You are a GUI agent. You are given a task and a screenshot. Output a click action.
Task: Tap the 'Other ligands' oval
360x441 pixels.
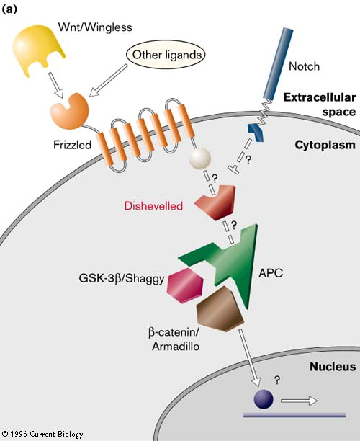point(166,55)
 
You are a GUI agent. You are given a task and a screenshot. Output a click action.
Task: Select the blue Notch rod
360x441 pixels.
point(279,64)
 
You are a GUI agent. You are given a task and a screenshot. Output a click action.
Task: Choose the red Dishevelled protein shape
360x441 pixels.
point(216,202)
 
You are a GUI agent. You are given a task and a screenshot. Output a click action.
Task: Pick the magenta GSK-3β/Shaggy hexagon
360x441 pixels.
point(184,286)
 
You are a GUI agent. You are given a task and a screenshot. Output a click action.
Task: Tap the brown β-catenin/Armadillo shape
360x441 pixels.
point(220,309)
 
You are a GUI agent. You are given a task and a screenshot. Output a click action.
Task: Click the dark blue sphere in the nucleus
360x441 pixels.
point(264,399)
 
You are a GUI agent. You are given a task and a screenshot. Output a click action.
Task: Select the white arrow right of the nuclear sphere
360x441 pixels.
point(299,401)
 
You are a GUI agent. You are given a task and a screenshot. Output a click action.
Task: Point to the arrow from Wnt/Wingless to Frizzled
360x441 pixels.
point(55,85)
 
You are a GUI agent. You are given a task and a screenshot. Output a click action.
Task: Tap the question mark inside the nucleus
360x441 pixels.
point(277,380)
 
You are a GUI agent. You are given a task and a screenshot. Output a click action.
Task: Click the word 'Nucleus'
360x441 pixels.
point(333,367)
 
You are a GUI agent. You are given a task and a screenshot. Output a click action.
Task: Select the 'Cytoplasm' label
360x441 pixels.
point(325,145)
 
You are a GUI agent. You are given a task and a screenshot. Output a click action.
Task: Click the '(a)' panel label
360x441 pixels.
point(9,9)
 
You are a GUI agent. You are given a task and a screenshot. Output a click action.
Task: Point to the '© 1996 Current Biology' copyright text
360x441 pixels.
point(42,434)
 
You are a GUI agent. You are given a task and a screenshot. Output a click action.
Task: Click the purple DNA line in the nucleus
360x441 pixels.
point(294,415)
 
